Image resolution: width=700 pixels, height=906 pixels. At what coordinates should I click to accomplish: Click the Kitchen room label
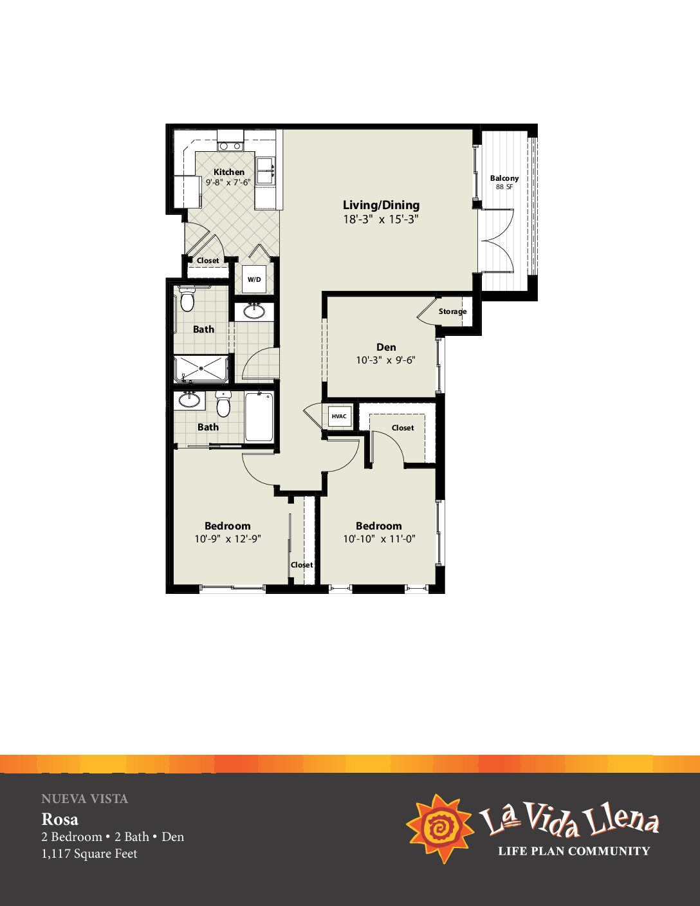tap(229, 172)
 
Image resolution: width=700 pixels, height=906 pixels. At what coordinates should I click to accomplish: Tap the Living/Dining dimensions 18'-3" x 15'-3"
tap(380, 219)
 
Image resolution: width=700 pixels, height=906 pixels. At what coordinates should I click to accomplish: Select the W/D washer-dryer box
tap(254, 279)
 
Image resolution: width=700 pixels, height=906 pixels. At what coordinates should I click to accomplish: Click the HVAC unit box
tap(339, 416)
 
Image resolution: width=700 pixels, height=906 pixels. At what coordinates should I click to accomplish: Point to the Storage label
tap(452, 311)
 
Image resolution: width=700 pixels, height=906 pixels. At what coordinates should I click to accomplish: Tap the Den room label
tap(386, 347)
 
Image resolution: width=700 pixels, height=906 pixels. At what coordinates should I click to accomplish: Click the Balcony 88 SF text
tap(504, 182)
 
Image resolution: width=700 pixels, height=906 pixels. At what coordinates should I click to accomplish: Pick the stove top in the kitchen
tap(230, 146)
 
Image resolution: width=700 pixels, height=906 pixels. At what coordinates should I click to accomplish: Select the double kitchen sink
tap(265, 171)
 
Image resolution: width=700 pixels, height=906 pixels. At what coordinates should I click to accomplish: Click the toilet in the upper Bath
tap(187, 299)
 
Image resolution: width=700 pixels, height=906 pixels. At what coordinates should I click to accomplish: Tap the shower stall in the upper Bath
tap(201, 369)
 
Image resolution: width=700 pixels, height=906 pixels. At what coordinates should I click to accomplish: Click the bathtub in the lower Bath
tap(259, 416)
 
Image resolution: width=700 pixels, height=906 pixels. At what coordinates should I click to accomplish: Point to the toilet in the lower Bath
tap(223, 403)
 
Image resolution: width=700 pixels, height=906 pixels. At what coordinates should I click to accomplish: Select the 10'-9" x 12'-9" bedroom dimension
tap(228, 539)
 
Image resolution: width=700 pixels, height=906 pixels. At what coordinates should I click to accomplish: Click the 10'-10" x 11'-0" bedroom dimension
tap(379, 539)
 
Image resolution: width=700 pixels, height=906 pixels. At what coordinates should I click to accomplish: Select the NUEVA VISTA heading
tap(85, 799)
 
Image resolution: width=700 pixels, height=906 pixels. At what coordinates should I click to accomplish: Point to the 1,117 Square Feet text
tap(89, 854)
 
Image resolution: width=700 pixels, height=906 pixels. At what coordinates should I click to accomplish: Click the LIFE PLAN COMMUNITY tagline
tap(574, 851)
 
